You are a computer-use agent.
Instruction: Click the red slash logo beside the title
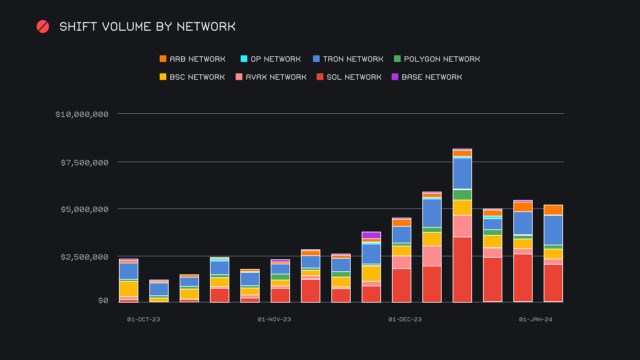coord(43,27)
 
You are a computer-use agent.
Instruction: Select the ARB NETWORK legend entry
coord(192,59)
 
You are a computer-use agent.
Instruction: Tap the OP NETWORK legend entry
coord(270,59)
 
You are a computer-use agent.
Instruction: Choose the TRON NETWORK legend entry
coord(348,59)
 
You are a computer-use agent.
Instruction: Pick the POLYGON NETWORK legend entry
coord(437,59)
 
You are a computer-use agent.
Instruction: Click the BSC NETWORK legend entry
coord(192,77)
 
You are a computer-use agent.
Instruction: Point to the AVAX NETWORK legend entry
coord(271,77)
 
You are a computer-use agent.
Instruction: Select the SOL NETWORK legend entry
coord(349,77)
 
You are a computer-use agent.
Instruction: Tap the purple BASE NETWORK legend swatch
coord(395,77)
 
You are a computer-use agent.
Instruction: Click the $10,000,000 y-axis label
coord(82,114)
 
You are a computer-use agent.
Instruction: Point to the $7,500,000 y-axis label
coord(85,163)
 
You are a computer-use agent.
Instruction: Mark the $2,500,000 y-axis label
coord(85,257)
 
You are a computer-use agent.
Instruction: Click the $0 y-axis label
coord(103,301)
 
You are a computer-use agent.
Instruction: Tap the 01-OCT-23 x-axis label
coord(144,319)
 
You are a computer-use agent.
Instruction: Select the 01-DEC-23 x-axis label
coord(405,319)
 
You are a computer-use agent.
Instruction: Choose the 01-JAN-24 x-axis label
coord(536,319)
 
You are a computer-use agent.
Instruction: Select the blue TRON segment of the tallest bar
coord(462,173)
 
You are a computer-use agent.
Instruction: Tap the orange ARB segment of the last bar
coord(553,210)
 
